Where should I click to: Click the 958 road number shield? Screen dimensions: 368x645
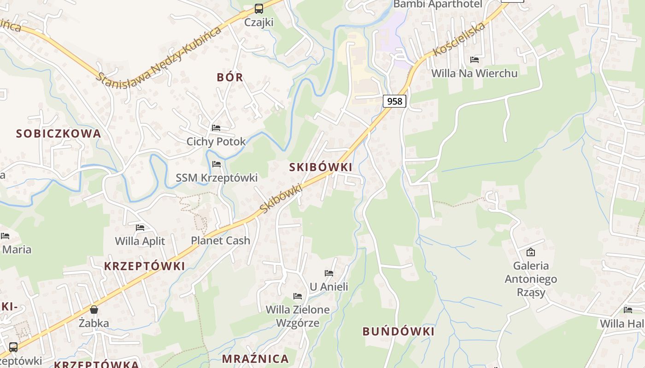coord(394,101)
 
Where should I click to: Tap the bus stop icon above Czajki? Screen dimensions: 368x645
coord(259,8)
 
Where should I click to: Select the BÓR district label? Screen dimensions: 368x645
coord(230,77)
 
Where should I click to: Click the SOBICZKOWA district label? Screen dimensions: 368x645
coord(59,134)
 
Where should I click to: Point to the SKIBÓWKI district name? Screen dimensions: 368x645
coord(321,167)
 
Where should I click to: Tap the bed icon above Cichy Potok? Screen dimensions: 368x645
coord(216,127)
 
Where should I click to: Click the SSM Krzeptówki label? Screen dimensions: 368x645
coord(217,178)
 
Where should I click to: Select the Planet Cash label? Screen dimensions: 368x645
coord(221,241)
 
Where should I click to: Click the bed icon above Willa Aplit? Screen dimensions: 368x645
coord(140,227)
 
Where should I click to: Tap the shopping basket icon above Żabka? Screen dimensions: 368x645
coord(94,310)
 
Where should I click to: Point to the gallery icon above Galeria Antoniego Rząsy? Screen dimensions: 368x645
coord(531,252)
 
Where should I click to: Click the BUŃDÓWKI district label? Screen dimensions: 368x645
coord(399,332)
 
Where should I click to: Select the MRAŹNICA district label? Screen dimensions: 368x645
coord(255,359)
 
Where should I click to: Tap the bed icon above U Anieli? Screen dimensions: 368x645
coord(329,273)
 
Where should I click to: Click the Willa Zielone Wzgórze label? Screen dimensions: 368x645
coord(298,316)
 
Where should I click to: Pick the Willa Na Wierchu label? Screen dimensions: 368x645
coord(474,74)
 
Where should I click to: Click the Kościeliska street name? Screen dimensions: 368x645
coord(459,39)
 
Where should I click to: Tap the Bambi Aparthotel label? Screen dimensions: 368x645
coord(437,5)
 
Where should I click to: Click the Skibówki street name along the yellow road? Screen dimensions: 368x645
coord(281,198)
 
